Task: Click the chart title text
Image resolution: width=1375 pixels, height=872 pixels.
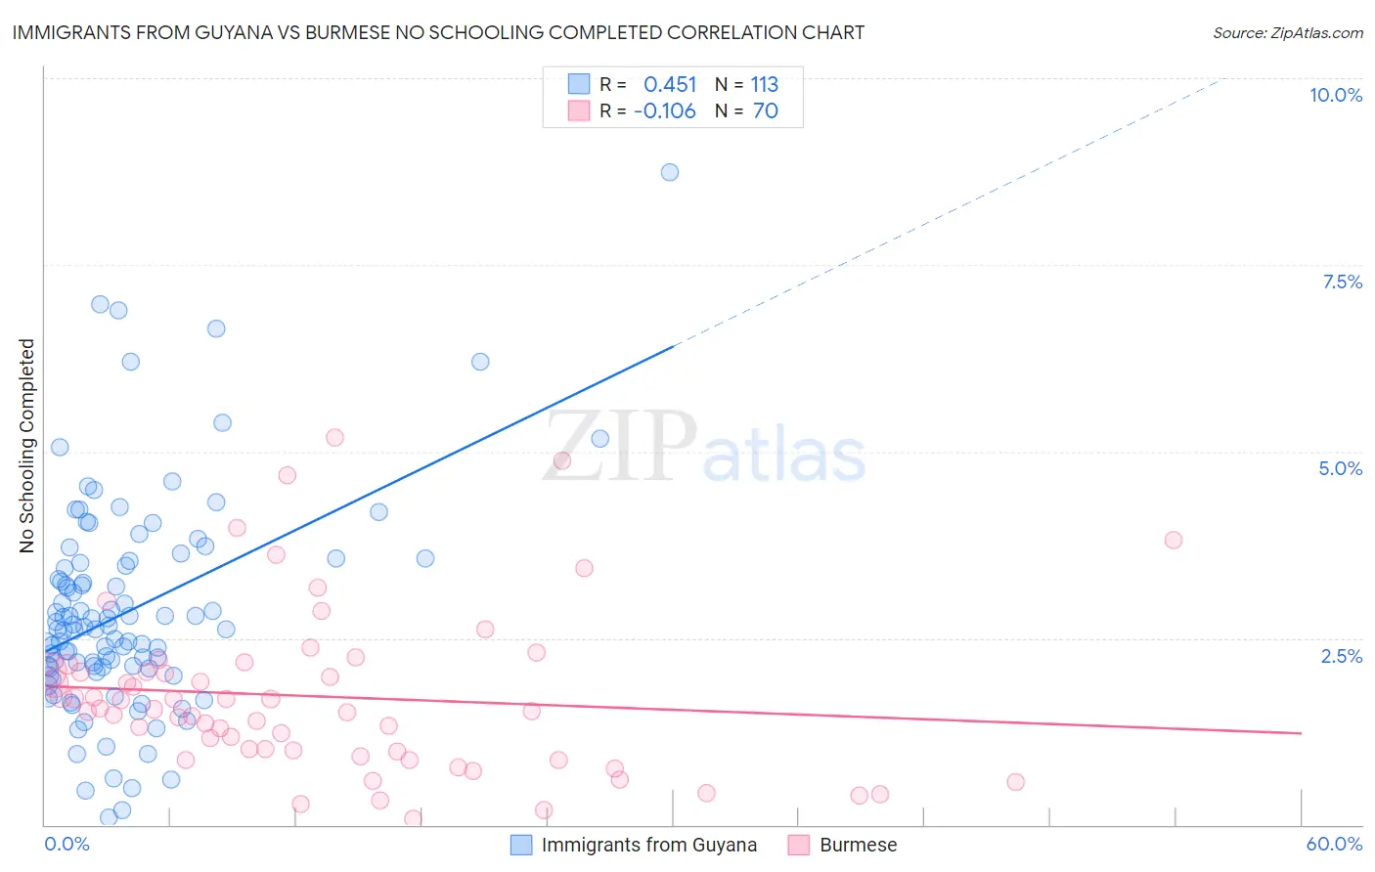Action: click(x=438, y=32)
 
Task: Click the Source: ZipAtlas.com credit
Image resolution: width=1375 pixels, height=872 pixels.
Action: click(x=1287, y=32)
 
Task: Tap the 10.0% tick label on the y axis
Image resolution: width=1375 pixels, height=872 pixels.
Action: click(x=1335, y=95)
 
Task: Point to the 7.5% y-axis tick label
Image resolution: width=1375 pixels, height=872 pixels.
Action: click(x=1342, y=282)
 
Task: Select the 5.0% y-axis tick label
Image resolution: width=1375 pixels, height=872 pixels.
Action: click(x=1340, y=468)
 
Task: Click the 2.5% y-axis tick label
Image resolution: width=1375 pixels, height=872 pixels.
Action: click(x=1341, y=656)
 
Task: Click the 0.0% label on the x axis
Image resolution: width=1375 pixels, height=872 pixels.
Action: click(x=67, y=844)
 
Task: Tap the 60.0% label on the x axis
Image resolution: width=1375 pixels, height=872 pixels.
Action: click(x=1334, y=844)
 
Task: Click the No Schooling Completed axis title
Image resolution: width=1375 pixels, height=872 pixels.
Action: click(x=26, y=446)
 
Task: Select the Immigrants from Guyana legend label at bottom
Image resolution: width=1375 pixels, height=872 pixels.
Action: click(x=648, y=845)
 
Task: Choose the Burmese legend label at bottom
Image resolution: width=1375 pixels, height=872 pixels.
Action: click(x=858, y=845)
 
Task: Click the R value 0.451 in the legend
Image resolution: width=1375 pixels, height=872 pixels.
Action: click(x=670, y=85)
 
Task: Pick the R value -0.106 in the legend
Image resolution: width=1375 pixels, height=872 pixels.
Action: click(x=665, y=111)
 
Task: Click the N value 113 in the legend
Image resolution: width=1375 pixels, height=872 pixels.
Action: click(x=764, y=85)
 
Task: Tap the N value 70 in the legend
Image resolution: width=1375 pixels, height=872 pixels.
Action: click(x=765, y=111)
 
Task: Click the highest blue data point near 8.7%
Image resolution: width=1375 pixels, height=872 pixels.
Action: click(x=670, y=172)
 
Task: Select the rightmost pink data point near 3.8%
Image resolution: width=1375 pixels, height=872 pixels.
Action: click(x=1174, y=540)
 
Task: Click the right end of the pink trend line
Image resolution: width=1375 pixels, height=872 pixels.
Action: click(x=1301, y=732)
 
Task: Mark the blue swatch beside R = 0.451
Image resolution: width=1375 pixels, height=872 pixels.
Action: click(x=579, y=84)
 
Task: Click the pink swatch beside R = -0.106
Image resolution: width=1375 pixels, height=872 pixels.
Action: click(x=579, y=110)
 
